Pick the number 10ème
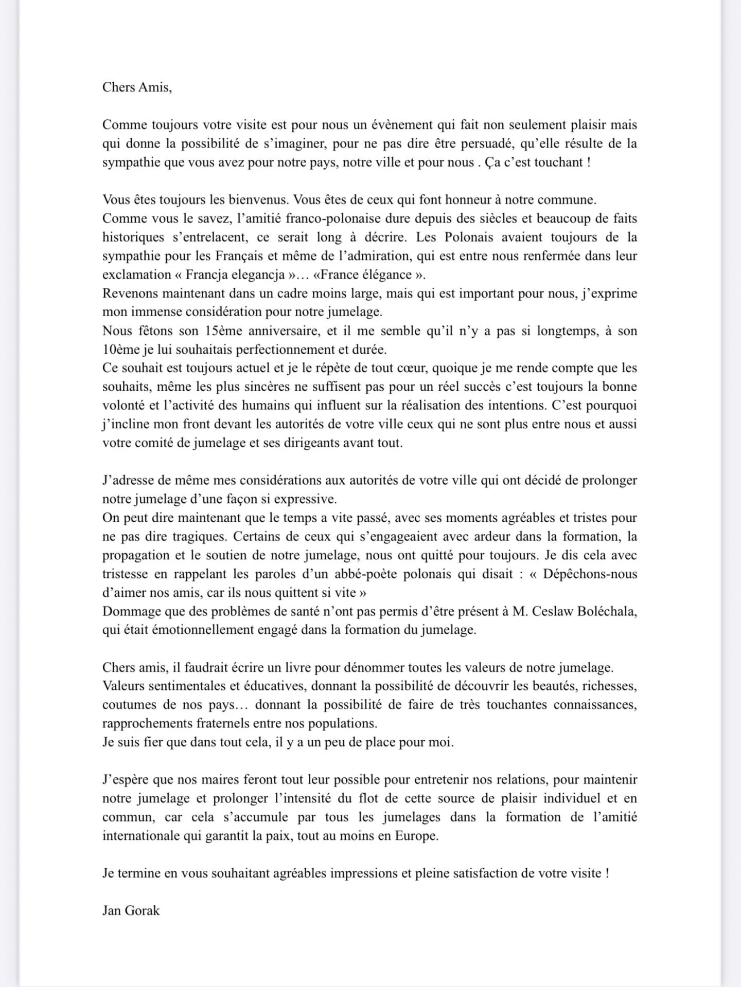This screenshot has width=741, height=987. pyautogui.click(x=121, y=350)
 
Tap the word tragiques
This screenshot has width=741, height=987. pyautogui.click(x=197, y=537)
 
